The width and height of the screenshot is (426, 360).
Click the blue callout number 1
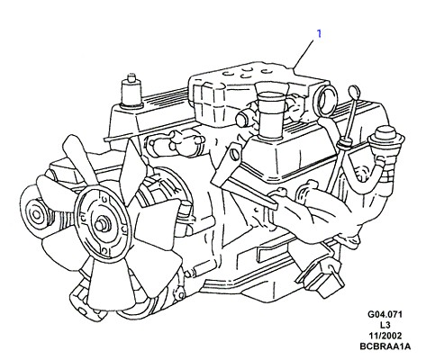(319, 33)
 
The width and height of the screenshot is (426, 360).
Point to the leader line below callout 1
(304, 54)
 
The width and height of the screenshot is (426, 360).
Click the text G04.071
(385, 314)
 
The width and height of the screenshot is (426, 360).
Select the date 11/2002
(385, 336)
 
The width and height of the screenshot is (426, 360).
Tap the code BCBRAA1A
(385, 346)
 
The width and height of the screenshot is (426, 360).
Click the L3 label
(385, 325)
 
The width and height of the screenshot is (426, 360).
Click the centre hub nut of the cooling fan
(100, 225)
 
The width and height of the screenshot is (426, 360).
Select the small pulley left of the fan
(35, 213)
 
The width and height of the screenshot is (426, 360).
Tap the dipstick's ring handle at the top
(354, 91)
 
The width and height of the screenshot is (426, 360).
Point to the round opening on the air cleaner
(326, 100)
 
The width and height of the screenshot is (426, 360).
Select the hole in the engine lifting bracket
(235, 155)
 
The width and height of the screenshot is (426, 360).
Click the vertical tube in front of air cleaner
(270, 115)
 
